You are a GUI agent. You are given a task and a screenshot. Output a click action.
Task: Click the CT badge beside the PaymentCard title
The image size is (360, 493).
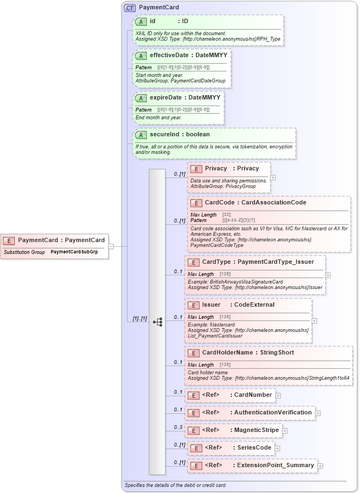130,8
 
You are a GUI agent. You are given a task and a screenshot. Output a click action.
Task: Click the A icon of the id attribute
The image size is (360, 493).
141,21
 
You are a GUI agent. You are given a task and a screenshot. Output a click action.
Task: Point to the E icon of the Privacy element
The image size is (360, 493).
196,168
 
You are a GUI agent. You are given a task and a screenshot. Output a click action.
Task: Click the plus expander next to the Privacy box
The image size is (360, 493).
273,178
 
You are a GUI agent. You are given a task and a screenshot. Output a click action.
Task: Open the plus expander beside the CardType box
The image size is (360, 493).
328,275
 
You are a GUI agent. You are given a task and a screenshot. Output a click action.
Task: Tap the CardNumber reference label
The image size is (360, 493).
253,395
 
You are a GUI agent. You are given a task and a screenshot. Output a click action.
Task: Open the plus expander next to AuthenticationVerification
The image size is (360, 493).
318,413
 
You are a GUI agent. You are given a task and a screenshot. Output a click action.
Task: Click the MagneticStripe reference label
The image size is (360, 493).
257,430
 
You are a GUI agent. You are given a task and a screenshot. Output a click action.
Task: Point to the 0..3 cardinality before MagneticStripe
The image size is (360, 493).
178,427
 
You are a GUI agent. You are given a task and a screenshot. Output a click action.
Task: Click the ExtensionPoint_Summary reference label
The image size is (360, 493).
274,466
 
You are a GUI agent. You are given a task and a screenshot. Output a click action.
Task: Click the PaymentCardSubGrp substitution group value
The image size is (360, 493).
74,252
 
